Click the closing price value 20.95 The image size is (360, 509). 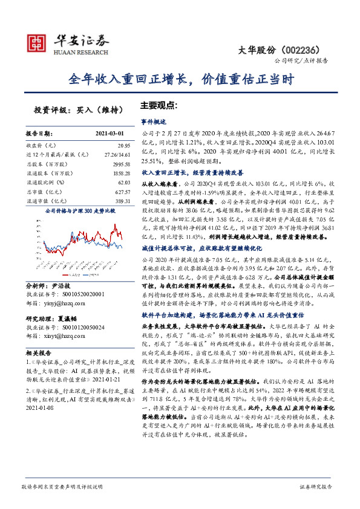123,146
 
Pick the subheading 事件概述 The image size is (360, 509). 153,121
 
